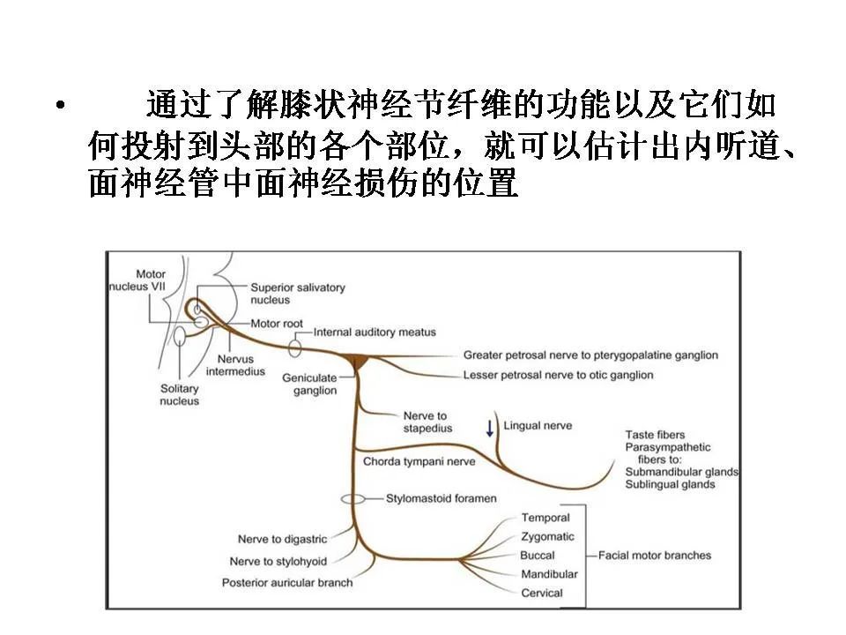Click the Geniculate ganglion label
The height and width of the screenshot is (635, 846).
tap(309, 384)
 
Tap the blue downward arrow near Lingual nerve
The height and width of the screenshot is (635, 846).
tap(489, 429)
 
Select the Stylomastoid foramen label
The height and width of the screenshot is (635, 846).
tap(441, 498)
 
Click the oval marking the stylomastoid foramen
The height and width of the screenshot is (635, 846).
tap(352, 499)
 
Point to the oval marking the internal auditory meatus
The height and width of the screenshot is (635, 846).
tap(294, 348)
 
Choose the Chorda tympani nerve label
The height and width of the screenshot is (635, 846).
tap(419, 461)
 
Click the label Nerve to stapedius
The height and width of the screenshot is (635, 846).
tap(428, 422)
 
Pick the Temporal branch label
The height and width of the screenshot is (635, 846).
tap(545, 518)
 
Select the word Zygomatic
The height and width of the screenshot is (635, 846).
tap(547, 537)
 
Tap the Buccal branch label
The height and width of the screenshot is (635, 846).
tap(538, 555)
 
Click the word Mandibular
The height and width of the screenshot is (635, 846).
tap(549, 574)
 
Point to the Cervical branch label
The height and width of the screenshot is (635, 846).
tap(542, 593)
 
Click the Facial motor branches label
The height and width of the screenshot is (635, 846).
tap(655, 555)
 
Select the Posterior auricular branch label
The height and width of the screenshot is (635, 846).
tap(287, 583)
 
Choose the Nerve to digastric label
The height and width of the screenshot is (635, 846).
tap(282, 539)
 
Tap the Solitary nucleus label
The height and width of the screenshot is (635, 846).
tap(180, 395)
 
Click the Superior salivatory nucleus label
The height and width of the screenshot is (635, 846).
tap(297, 293)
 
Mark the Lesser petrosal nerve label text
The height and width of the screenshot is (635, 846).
tap(559, 375)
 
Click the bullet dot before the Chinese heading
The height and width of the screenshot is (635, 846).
tap(61, 105)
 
